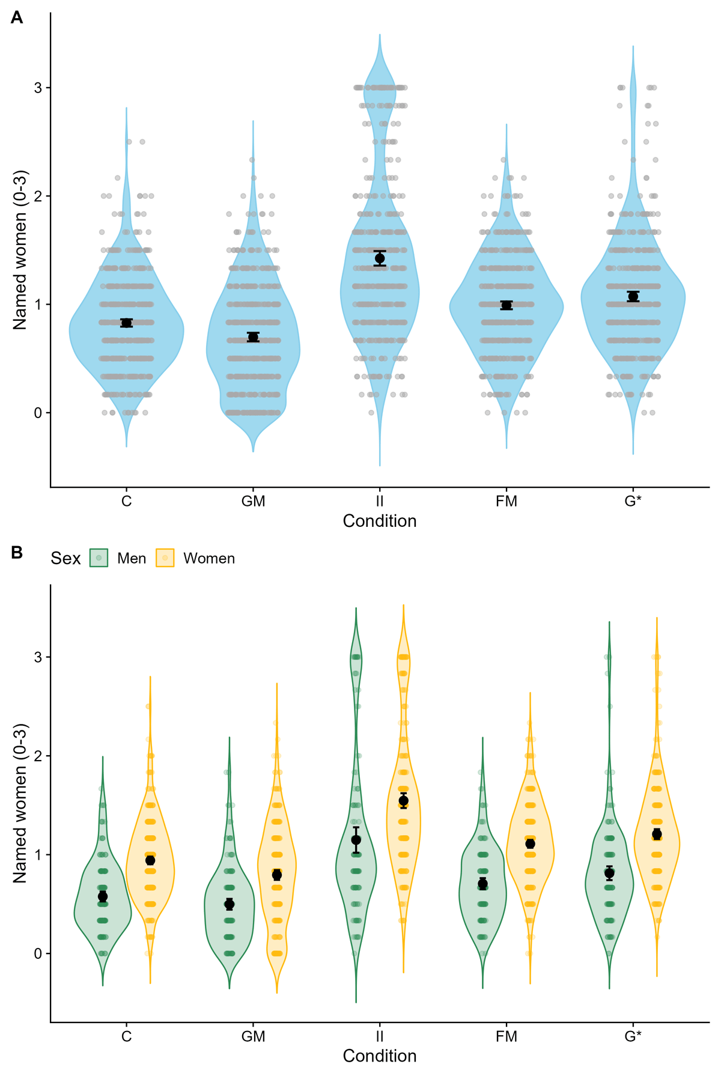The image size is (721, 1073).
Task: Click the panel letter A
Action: coord(17,18)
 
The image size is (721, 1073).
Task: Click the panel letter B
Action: coord(17,552)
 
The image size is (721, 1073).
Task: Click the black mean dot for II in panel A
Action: coord(380,258)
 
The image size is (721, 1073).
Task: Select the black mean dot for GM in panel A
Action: coord(253,337)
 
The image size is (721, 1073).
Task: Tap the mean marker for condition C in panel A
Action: coord(126,323)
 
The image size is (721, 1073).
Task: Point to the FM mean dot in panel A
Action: coord(507,305)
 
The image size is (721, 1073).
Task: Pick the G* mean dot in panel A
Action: coord(633,296)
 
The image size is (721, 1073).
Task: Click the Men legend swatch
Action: coord(99,558)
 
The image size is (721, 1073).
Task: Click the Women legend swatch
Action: coord(165,558)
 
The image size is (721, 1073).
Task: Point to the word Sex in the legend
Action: coord(65,559)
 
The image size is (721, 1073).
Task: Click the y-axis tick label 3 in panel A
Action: coord(38,88)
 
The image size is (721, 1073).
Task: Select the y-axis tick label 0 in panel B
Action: coord(38,953)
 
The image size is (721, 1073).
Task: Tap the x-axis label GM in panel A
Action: coord(253,501)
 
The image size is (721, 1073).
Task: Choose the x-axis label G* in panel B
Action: coord(633,1036)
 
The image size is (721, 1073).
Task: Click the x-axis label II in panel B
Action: coord(380,1036)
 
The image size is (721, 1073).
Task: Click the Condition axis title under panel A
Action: coord(380,521)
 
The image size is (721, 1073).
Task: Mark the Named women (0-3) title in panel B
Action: coord(20,803)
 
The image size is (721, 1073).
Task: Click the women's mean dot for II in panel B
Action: coord(403,801)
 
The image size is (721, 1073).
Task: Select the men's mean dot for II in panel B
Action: coord(356,840)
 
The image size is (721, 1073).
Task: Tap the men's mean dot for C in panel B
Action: coord(103,896)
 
